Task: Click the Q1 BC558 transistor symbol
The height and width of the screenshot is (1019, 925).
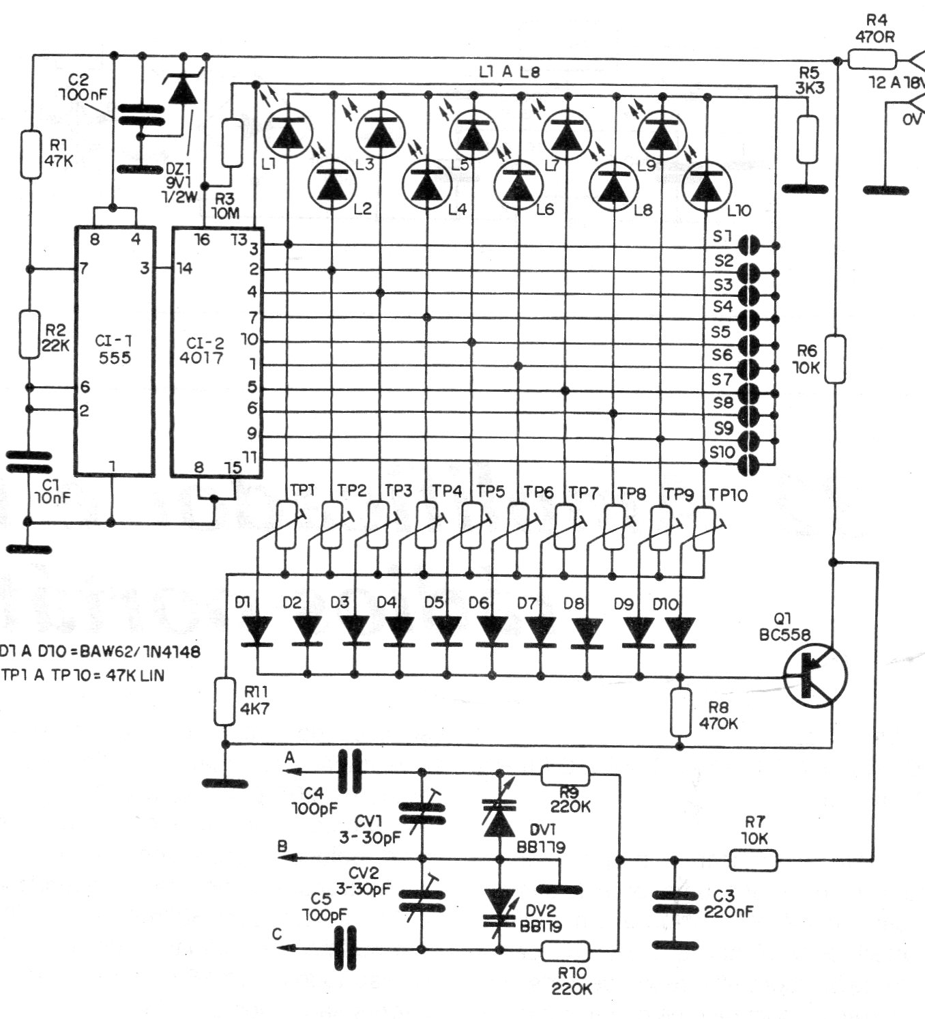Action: coord(814,675)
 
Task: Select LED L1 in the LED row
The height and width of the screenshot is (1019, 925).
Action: coord(287,132)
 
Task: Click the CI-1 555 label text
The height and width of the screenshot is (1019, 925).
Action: coord(114,348)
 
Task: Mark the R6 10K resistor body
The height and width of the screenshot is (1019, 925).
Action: coord(836,358)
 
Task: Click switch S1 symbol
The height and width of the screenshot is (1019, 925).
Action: coord(750,244)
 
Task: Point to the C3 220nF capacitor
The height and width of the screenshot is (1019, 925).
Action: coord(675,902)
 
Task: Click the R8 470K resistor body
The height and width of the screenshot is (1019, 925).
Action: coord(680,711)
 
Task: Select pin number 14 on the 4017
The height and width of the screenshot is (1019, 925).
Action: coord(183,268)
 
